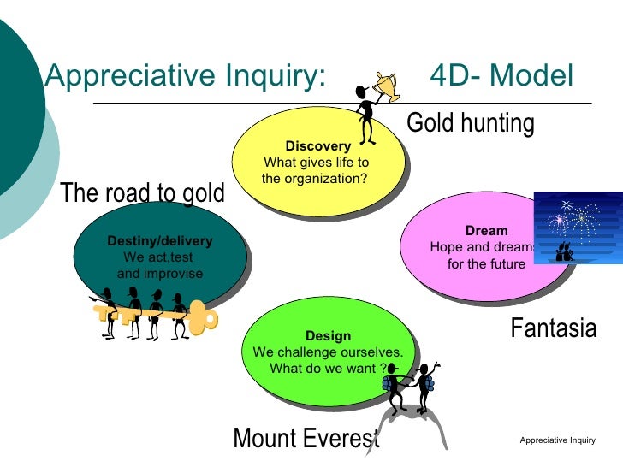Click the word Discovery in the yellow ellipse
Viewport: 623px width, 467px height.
tap(318, 146)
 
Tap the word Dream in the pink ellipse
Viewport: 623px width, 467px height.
tap(486, 231)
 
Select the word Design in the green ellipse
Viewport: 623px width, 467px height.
tap(328, 336)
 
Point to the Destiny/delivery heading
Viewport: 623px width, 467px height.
tap(160, 241)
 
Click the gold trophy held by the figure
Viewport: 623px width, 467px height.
tap(386, 84)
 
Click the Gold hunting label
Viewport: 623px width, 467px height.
tap(470, 124)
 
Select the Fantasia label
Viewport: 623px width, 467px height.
tap(553, 328)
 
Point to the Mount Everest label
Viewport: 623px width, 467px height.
tap(306, 439)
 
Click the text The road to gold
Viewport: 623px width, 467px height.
tap(143, 193)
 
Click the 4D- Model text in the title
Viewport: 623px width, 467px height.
tap(501, 77)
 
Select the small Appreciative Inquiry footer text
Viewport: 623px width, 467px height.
tap(556, 440)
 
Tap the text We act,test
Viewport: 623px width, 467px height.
tap(158, 257)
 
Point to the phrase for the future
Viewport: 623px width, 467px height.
tap(486, 264)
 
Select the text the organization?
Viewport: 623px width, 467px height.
tap(314, 179)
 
